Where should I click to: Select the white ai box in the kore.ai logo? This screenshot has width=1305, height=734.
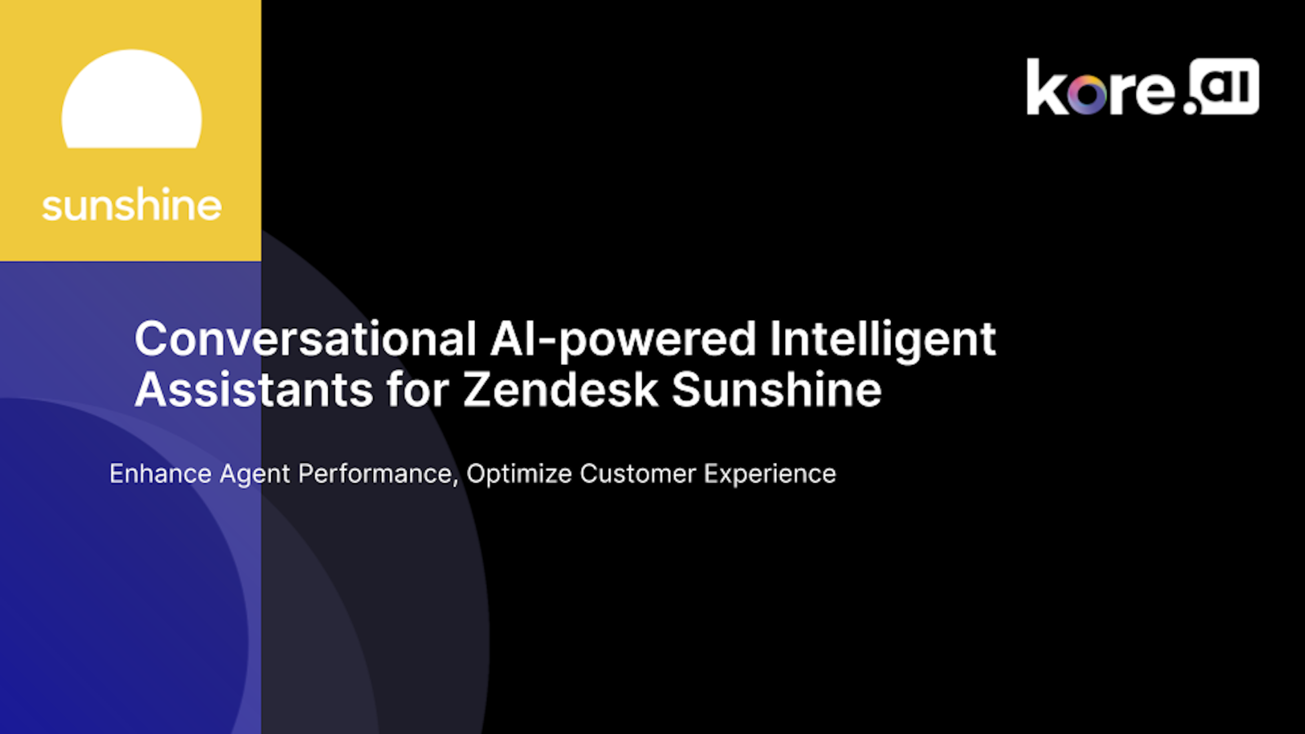[1224, 86]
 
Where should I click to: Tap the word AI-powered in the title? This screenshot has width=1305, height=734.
[624, 341]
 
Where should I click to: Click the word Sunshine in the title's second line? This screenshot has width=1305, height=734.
[776, 389]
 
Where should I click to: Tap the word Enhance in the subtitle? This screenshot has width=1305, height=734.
[161, 473]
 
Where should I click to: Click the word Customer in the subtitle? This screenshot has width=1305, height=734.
[638, 473]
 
